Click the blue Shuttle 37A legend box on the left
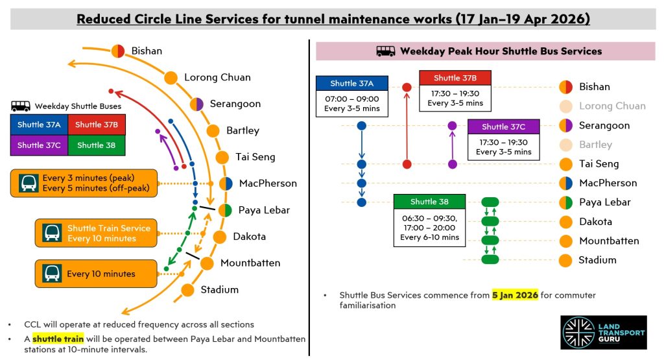click(x=39, y=125)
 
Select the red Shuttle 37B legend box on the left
click(x=96, y=125)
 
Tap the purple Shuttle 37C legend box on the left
click(x=39, y=145)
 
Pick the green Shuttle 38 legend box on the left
click(x=96, y=145)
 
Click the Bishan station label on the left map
click(x=147, y=51)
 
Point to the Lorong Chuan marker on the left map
click(x=171, y=77)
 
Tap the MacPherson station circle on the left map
click(x=226, y=184)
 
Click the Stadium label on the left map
click(x=219, y=289)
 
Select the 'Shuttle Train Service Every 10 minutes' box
click(x=96, y=234)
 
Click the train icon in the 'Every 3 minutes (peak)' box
click(x=29, y=183)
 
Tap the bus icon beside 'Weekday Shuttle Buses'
click(x=21, y=106)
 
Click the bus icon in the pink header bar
click(x=386, y=51)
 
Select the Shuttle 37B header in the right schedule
click(x=455, y=78)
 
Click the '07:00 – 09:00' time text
click(x=352, y=99)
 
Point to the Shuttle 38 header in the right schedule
click(x=429, y=202)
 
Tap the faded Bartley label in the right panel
click(x=595, y=145)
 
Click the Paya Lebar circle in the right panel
click(x=565, y=202)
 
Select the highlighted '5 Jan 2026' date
click(x=515, y=295)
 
